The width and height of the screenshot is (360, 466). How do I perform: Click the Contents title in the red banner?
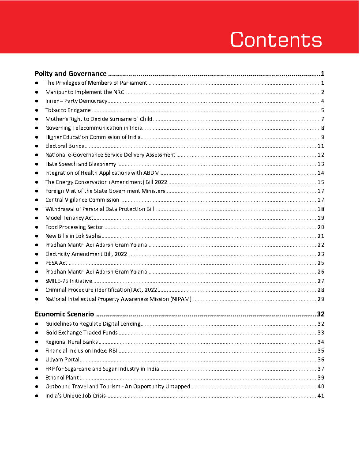click(x=276, y=40)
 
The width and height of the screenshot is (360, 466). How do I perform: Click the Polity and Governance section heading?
click(x=71, y=74)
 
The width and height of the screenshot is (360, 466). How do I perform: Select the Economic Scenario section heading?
click(x=64, y=315)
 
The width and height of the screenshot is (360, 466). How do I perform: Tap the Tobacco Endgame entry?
click(x=68, y=110)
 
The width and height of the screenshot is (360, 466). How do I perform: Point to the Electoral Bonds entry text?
click(x=64, y=146)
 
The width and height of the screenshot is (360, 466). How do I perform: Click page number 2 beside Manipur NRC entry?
click(x=323, y=92)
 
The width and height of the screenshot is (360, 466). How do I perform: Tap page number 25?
click(x=321, y=263)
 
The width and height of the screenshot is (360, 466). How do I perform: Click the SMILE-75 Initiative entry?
click(x=69, y=281)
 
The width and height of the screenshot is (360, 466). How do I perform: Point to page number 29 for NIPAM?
click(x=321, y=299)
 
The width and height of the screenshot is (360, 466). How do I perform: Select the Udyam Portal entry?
click(x=62, y=360)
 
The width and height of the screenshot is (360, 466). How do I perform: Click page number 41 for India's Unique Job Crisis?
click(x=321, y=396)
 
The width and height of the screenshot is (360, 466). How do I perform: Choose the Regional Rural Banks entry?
click(x=71, y=342)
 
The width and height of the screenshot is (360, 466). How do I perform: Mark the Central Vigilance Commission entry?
click(x=82, y=200)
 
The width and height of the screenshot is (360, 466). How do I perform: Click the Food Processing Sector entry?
click(x=74, y=227)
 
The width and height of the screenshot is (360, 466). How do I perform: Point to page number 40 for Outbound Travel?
click(x=321, y=387)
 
